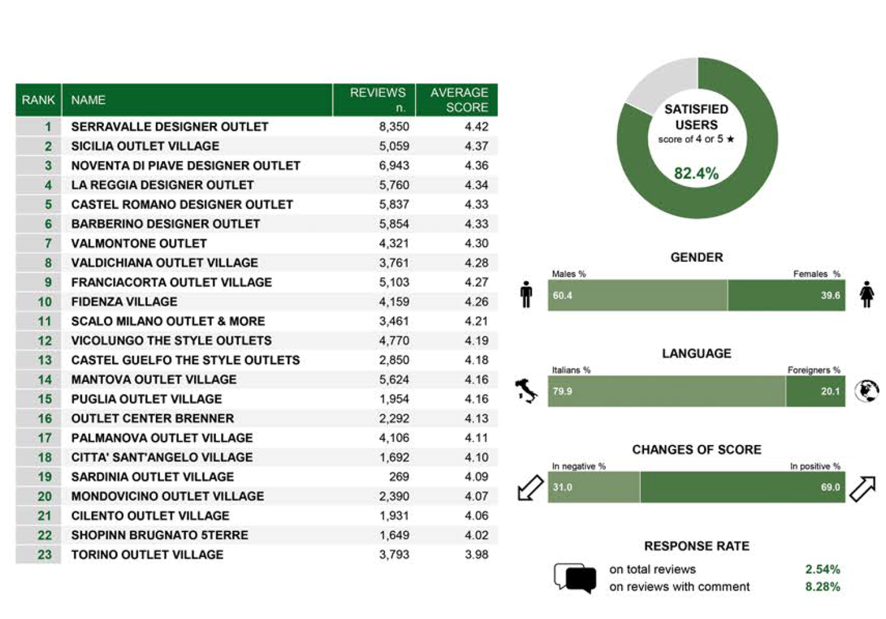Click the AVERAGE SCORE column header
459,100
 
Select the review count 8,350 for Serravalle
394,127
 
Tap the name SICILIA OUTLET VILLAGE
145,146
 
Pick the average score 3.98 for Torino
477,555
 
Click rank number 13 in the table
45,360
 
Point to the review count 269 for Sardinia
398,476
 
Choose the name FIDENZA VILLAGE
124,302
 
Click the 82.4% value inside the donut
696,173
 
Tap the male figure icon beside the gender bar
526,294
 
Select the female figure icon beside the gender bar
867,294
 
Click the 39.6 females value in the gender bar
830,295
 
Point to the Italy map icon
526,391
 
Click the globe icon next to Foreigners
867,391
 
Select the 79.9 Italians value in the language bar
562,391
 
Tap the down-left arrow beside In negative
530,487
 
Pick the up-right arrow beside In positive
863,489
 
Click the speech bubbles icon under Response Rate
575,578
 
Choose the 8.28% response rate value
823,587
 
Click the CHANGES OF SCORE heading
697,450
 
